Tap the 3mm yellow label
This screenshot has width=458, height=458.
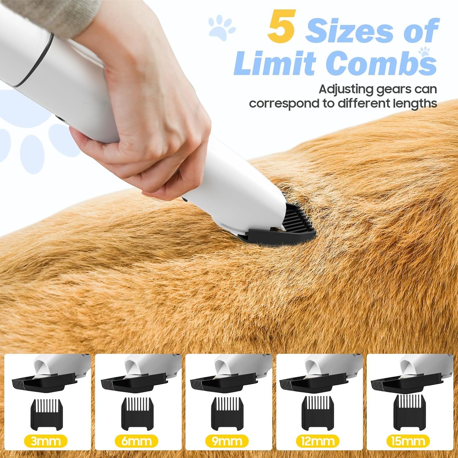46,441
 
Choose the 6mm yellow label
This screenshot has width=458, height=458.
136,441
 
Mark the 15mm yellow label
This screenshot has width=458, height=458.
408,441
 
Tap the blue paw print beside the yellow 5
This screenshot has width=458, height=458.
222,29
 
